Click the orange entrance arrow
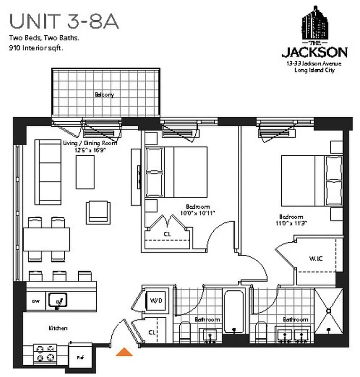124,352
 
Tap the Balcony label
104,94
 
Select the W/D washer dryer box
156,300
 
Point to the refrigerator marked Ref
80,357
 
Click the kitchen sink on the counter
59,299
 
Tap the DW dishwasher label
35,300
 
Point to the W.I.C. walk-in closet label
316,258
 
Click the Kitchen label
58,328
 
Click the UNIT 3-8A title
63,21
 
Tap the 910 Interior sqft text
36,48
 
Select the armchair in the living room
98,212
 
